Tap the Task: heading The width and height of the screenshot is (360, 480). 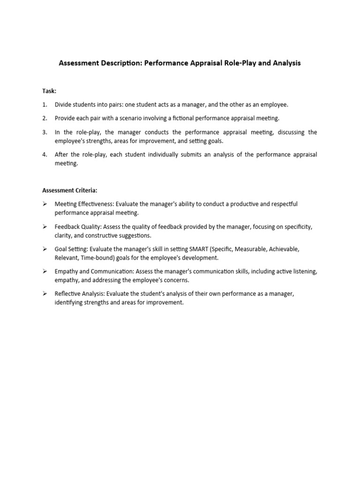[x=49, y=91]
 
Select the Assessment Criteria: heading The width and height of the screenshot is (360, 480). [x=70, y=190]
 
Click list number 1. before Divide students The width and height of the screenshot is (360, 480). [x=45, y=105]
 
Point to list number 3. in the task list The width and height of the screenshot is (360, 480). [x=45, y=132]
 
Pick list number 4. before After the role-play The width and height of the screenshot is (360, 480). [x=45, y=154]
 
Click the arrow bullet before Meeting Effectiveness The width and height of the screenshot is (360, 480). [x=45, y=204]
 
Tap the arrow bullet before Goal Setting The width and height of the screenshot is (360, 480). [x=45, y=249]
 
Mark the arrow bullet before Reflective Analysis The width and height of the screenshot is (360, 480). [x=45, y=294]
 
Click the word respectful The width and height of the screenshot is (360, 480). [x=280, y=204]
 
